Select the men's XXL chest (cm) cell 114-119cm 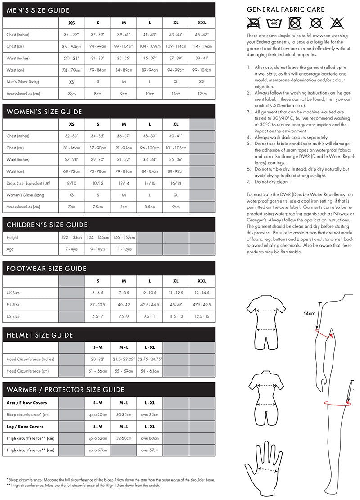[x=202, y=46]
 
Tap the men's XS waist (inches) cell [x=72, y=58]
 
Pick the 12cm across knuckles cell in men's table [x=202, y=94]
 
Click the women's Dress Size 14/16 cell [x=150, y=183]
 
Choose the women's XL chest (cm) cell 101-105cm [x=176, y=148]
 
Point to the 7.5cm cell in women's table [x=98, y=207]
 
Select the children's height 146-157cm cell [x=124, y=237]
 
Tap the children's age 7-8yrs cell [x=72, y=249]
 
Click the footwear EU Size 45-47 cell [x=176, y=305]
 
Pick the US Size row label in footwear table [x=13, y=316]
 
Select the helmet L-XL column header [x=150, y=347]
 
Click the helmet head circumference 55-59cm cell [x=124, y=371]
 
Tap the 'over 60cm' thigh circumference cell [x=150, y=438]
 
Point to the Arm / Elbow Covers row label [x=27, y=402]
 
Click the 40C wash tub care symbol [x=273, y=23]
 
